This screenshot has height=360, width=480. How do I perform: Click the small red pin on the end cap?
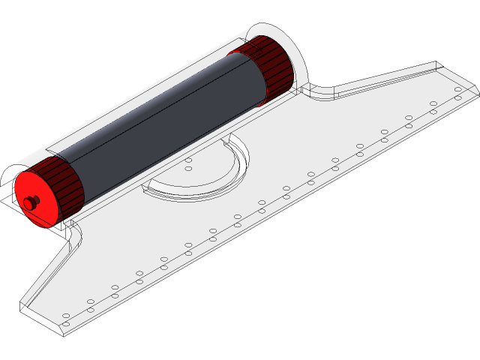30,202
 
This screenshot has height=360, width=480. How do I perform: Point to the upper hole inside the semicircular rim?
189,160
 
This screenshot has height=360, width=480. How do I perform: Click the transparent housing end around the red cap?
10,187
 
